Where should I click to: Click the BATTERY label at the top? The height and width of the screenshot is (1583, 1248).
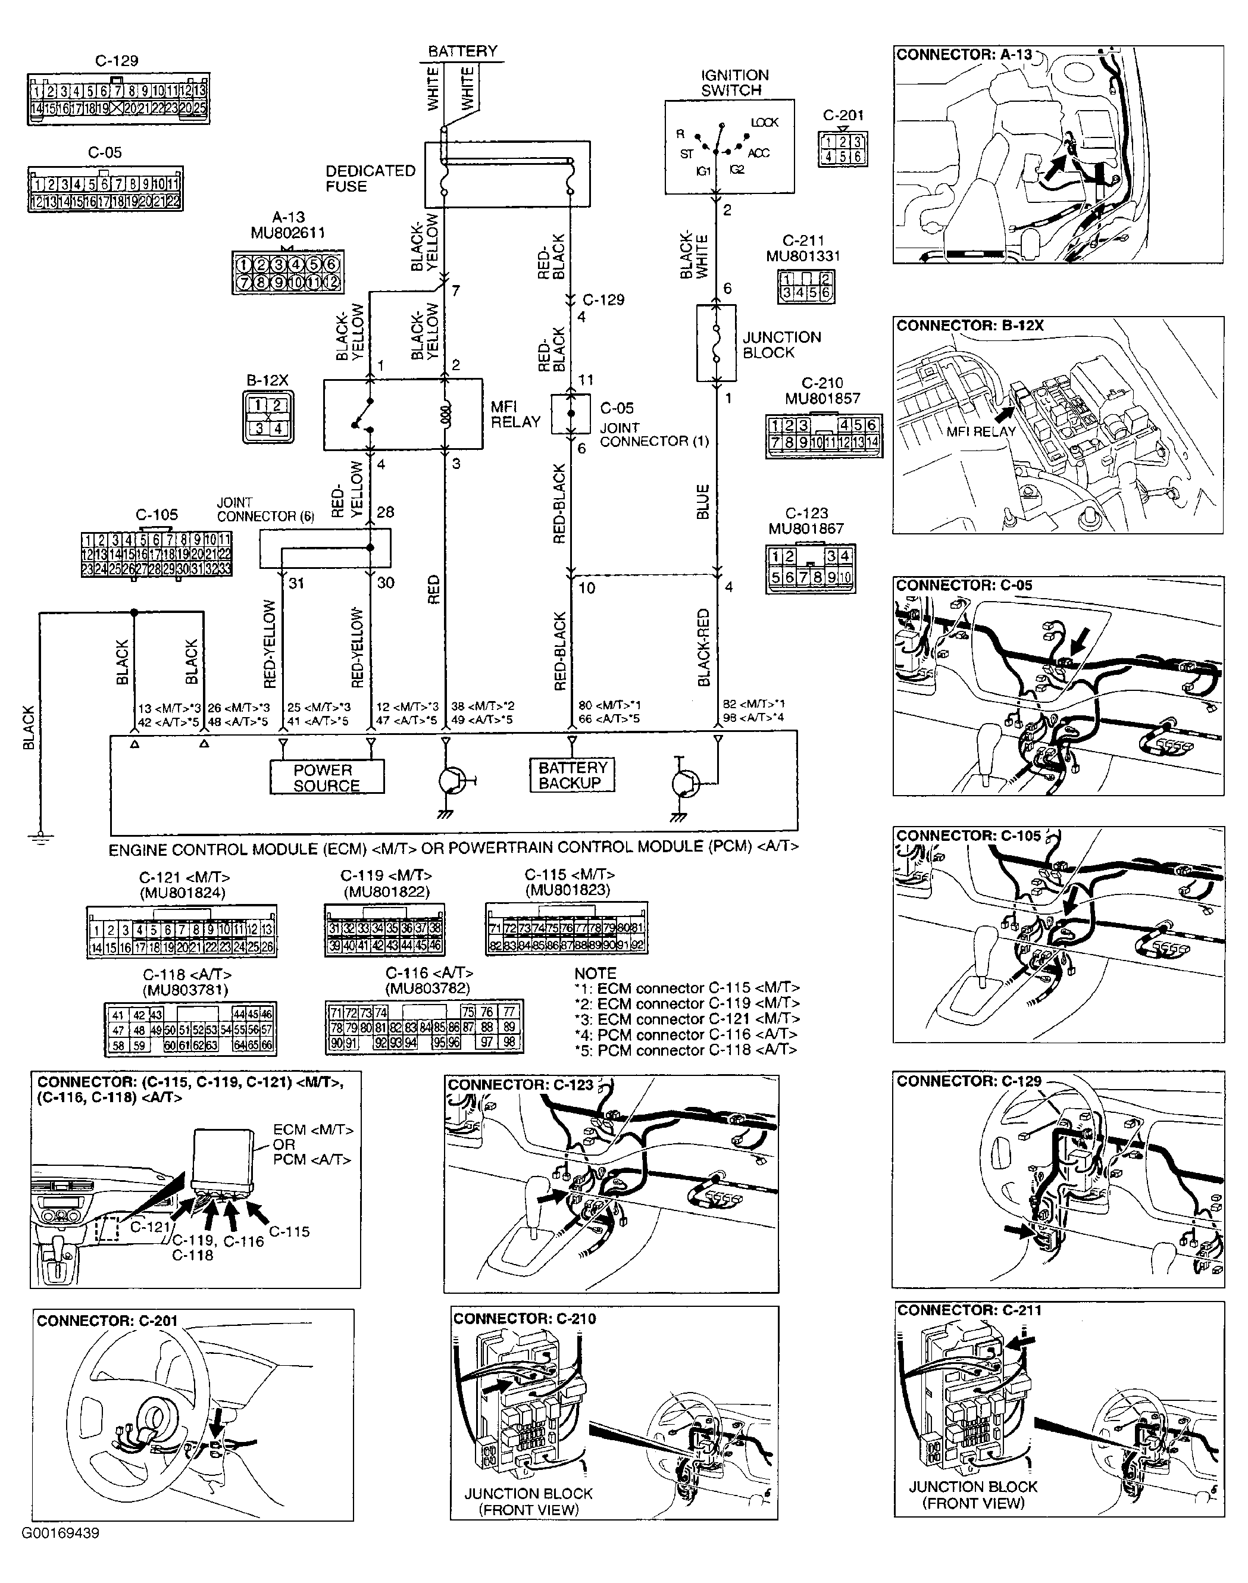pyautogui.click(x=462, y=51)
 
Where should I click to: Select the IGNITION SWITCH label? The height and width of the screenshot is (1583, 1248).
pyautogui.click(x=734, y=83)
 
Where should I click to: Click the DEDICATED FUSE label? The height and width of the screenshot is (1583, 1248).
pyautogui.click(x=370, y=179)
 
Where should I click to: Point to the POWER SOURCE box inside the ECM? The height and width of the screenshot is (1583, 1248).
pyautogui.click(x=327, y=777)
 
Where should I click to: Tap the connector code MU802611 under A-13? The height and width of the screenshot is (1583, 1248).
pyautogui.click(x=287, y=233)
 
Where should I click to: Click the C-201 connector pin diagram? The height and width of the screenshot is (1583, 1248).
pyautogui.click(x=843, y=149)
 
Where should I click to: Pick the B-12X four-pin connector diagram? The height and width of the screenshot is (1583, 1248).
pyautogui.click(x=268, y=417)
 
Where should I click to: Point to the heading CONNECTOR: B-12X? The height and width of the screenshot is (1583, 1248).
pyautogui.click(x=969, y=326)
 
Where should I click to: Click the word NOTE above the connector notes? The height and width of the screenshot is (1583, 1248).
pyautogui.click(x=596, y=973)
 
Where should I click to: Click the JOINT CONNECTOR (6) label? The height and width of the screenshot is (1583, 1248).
pyautogui.click(x=264, y=509)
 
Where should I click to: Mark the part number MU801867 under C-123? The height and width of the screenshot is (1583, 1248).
pyautogui.click(x=806, y=528)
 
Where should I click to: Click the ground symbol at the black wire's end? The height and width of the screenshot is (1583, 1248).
pyautogui.click(x=41, y=837)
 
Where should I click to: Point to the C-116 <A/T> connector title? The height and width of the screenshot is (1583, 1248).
pyautogui.click(x=429, y=973)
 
